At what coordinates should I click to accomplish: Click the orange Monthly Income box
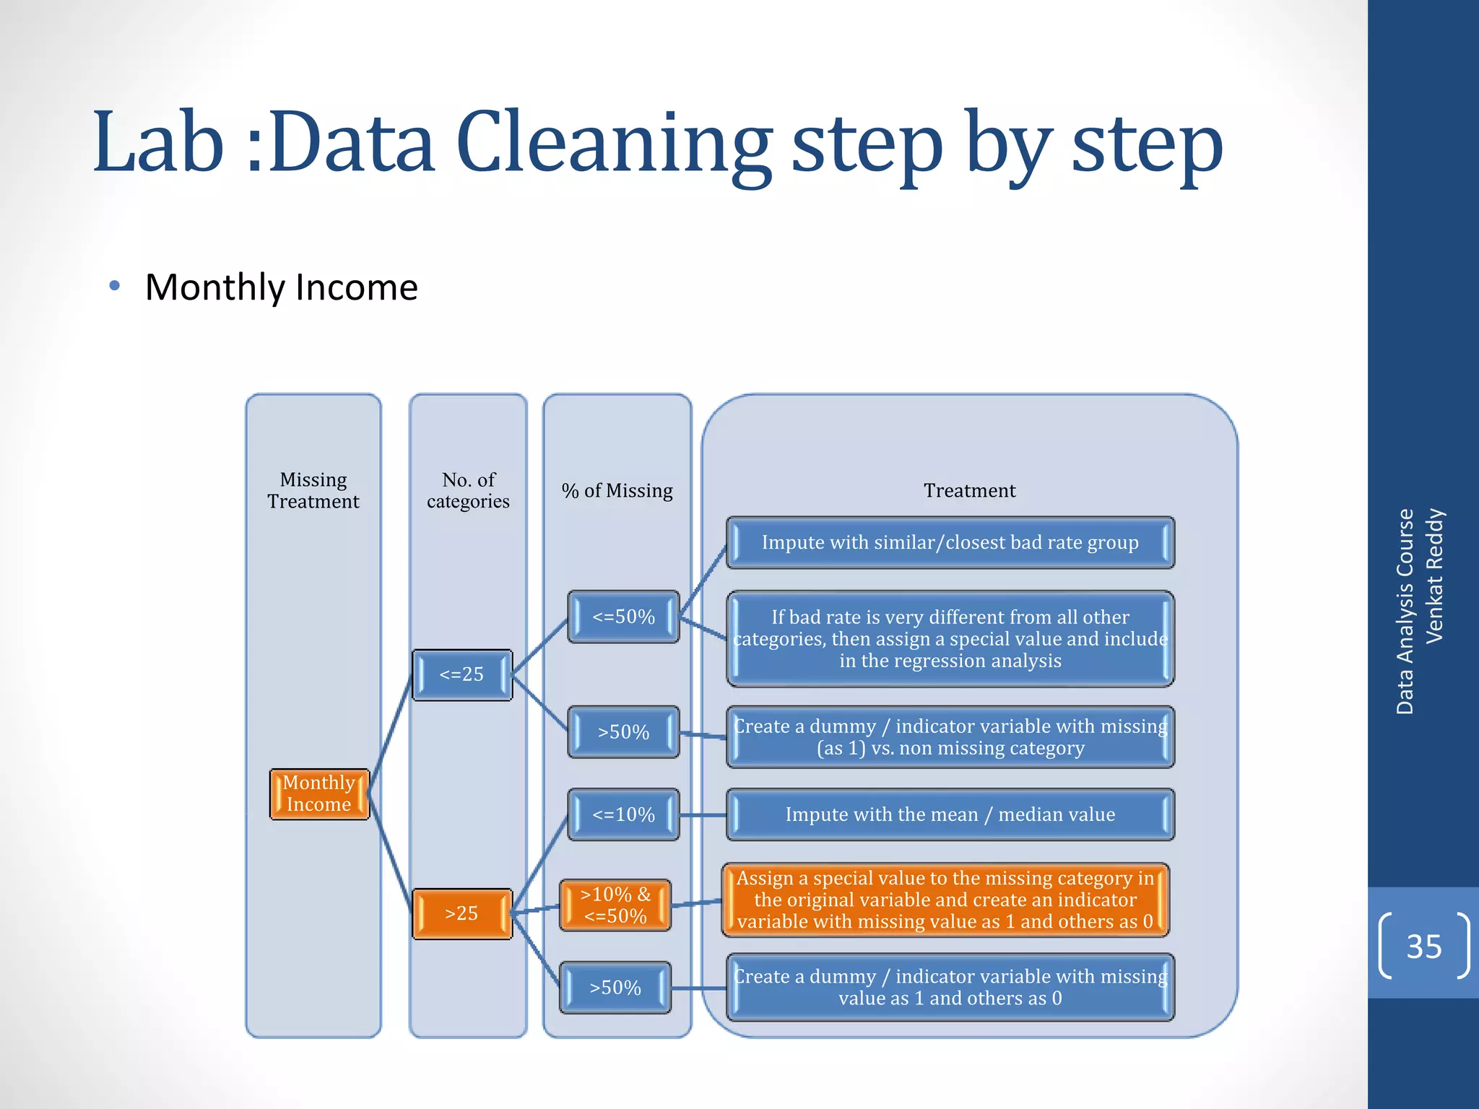click(x=319, y=793)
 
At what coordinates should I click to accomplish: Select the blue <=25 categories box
click(x=462, y=674)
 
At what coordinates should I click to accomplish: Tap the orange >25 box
click(x=462, y=913)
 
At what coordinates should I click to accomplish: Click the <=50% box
click(x=623, y=617)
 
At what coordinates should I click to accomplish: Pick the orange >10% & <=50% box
click(x=615, y=905)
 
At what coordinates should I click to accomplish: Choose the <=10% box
click(x=623, y=814)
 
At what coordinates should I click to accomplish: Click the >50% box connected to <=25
click(x=623, y=732)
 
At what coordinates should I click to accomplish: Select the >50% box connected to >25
click(x=615, y=988)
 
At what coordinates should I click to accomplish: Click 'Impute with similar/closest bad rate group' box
click(x=950, y=542)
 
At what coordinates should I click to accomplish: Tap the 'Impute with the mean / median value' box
click(x=950, y=814)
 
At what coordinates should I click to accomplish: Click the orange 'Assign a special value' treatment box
click(x=945, y=900)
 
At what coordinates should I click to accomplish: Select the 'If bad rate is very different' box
click(x=950, y=638)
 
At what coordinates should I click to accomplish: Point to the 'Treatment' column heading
click(x=969, y=491)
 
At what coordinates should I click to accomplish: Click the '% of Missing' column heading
click(x=617, y=491)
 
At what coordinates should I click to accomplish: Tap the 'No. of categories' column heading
click(x=468, y=490)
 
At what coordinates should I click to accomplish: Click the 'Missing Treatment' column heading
click(x=313, y=490)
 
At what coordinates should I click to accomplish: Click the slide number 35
click(x=1423, y=946)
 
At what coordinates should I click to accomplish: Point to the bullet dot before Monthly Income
click(x=114, y=287)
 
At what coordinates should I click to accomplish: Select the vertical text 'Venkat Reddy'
click(x=1434, y=575)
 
